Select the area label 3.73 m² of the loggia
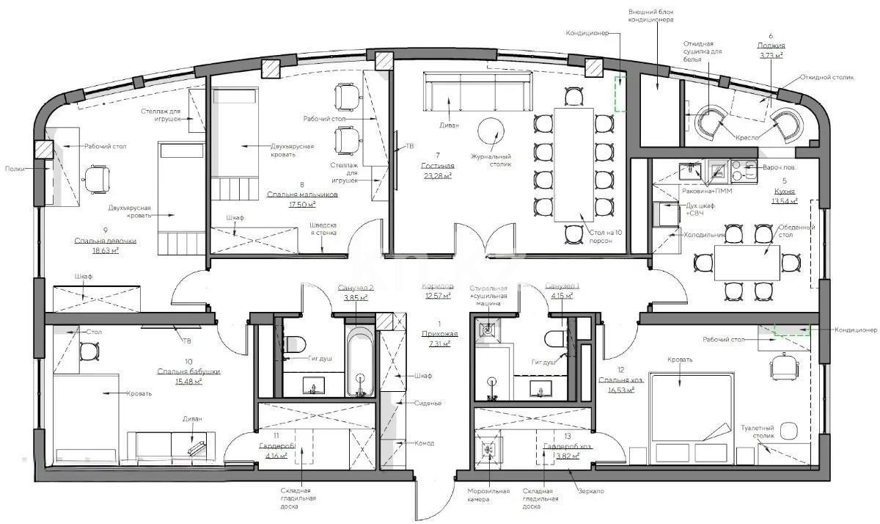click(771, 55)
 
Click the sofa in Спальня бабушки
click(172, 443)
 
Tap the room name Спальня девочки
click(105, 241)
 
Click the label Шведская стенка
click(323, 228)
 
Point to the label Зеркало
click(591, 490)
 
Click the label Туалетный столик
click(757, 433)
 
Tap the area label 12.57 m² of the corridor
click(439, 296)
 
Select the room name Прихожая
click(439, 333)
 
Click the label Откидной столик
click(827, 77)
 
